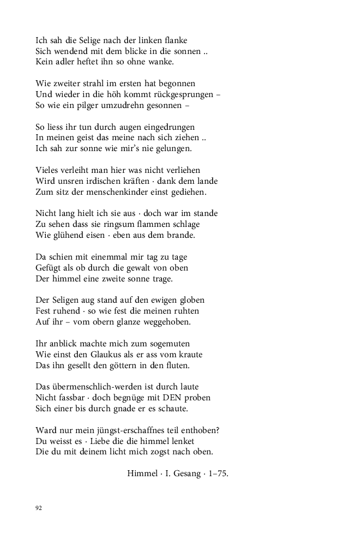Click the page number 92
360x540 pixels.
tap(39, 508)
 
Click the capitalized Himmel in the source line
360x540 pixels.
tap(142, 473)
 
